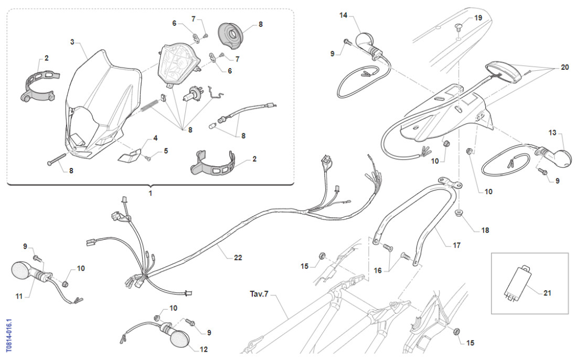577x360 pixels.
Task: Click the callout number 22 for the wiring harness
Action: (x=238, y=258)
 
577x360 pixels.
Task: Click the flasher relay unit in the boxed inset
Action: (x=517, y=282)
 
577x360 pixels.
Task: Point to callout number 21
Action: (x=548, y=293)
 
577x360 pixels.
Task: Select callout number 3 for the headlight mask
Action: (x=72, y=43)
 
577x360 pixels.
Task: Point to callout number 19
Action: (x=478, y=18)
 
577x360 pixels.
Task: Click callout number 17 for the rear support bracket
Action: (x=457, y=246)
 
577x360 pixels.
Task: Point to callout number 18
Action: (x=485, y=230)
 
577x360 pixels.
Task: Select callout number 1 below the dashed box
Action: (x=150, y=193)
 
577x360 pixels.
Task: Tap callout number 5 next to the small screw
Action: (x=166, y=151)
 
